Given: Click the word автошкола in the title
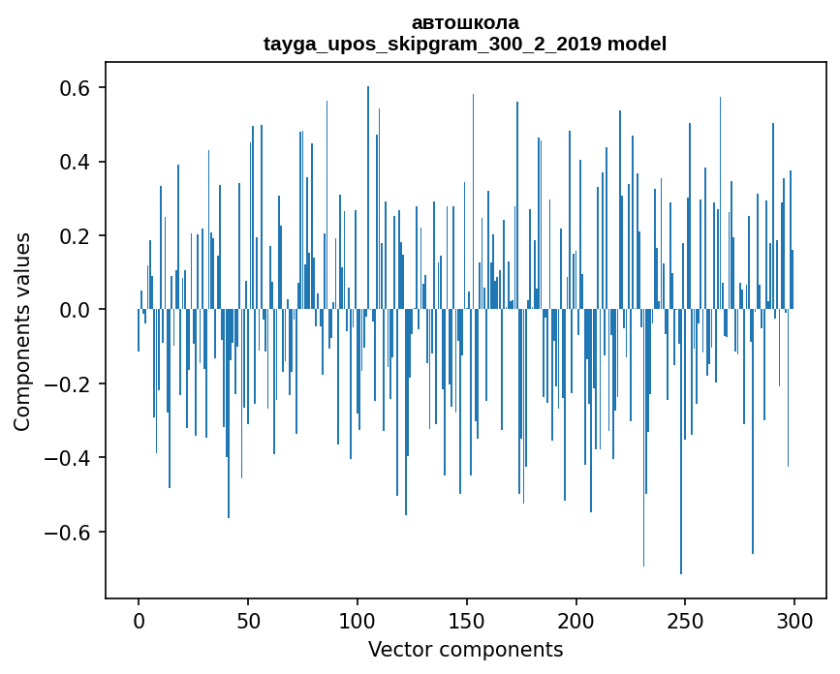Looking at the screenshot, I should click(x=465, y=22).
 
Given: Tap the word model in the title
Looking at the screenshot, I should click(x=637, y=44).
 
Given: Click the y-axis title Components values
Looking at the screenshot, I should click(x=22, y=331).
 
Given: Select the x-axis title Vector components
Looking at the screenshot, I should click(x=465, y=649).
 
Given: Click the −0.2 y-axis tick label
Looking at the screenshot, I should click(x=68, y=384).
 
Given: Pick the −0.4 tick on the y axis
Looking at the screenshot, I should click(x=68, y=458).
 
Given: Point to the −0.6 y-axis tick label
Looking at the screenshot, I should click(x=68, y=533).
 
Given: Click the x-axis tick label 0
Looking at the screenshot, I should click(x=139, y=620).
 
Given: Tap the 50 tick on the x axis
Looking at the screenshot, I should click(x=248, y=620).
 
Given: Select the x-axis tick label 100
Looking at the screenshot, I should click(x=358, y=620).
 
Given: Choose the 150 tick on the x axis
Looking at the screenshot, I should click(x=467, y=620).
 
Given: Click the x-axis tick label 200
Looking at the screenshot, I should click(x=576, y=620).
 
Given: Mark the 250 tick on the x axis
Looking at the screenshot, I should click(x=686, y=620).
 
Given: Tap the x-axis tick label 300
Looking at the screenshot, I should click(x=794, y=620).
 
